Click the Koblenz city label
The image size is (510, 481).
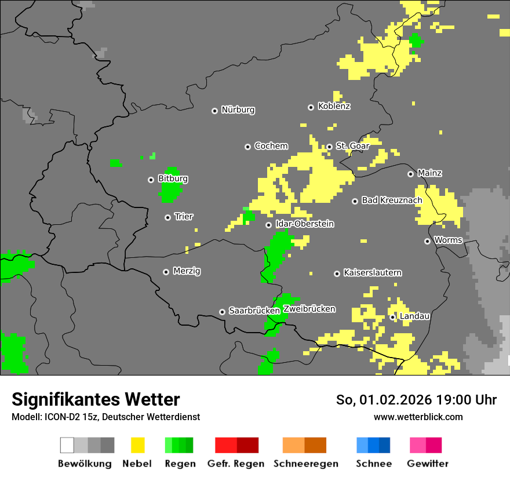(x=334, y=106)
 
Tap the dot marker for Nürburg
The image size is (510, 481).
(x=214, y=111)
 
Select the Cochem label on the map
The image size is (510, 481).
(x=271, y=146)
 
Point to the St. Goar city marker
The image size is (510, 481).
(x=329, y=147)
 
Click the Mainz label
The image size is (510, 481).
(x=429, y=173)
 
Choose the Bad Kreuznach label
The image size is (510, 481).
(x=392, y=200)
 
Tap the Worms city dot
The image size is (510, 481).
(x=427, y=241)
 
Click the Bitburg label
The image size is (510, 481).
(x=173, y=178)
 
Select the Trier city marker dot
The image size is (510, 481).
(x=167, y=217)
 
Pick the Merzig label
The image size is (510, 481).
(x=187, y=271)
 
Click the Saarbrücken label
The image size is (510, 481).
(x=254, y=311)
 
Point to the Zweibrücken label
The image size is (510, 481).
(x=309, y=309)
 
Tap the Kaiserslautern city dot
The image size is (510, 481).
(x=337, y=274)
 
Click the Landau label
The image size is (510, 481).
(x=414, y=316)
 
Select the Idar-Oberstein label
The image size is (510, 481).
(x=304, y=224)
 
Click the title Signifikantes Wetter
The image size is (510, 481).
(x=96, y=399)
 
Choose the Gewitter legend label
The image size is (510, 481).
(x=428, y=464)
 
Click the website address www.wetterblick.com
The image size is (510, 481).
(x=418, y=417)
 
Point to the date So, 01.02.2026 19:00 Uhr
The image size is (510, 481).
(x=416, y=400)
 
